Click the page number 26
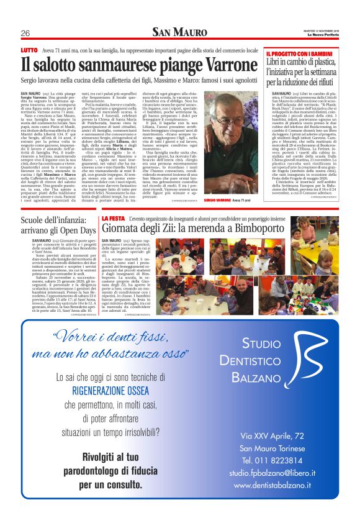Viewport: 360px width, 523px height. (25, 33)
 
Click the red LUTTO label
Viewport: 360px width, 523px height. (29, 49)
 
